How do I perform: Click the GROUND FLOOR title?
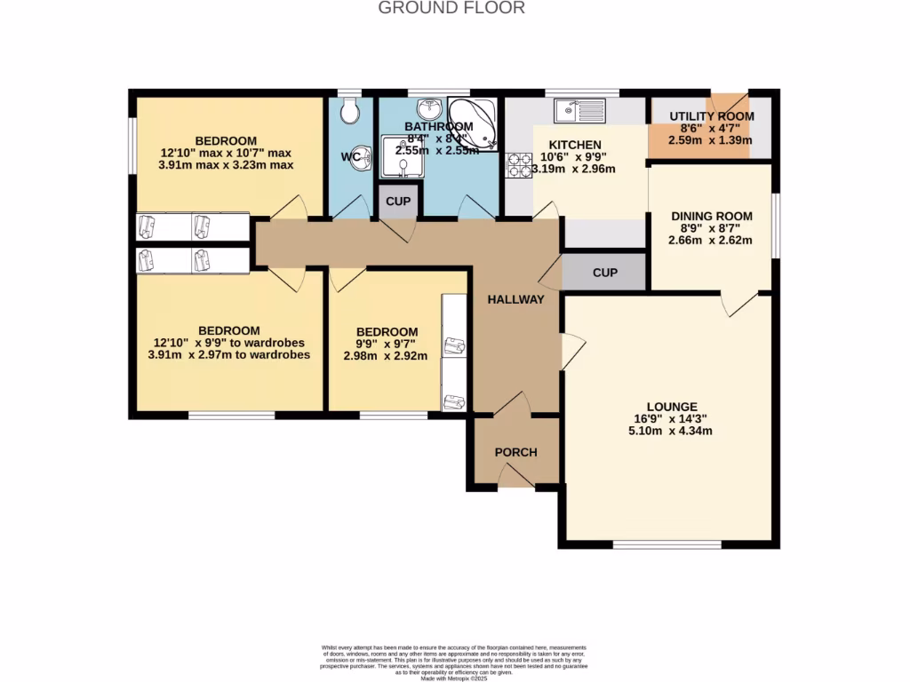click(x=451, y=8)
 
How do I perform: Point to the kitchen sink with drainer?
click(x=579, y=111)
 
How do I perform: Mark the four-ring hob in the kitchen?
click(x=518, y=165)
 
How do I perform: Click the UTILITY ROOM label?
click(x=712, y=116)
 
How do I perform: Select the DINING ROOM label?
click(x=711, y=216)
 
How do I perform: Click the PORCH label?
click(x=515, y=452)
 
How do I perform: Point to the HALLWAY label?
click(x=515, y=299)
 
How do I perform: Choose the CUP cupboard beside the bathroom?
click(x=398, y=202)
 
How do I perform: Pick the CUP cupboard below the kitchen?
click(x=604, y=273)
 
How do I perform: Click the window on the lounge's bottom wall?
click(x=654, y=543)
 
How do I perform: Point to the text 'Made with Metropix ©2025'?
click(x=454, y=677)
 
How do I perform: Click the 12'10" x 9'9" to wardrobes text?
click(x=229, y=342)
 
